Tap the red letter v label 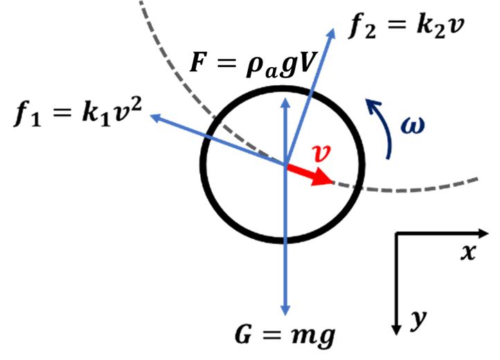click(320, 154)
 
